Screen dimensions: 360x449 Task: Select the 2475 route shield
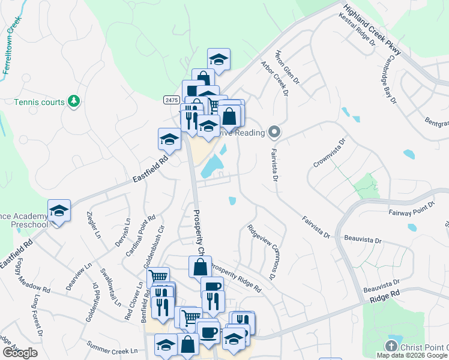pos(171,100)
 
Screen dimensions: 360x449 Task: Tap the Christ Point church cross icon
pos(391,347)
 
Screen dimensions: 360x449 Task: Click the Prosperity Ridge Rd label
pos(235,278)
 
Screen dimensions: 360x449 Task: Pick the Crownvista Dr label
pos(330,154)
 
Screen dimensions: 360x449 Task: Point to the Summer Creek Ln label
pos(112,347)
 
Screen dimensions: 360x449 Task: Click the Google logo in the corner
pos(20,353)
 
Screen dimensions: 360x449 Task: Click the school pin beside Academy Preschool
pos(59,211)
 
